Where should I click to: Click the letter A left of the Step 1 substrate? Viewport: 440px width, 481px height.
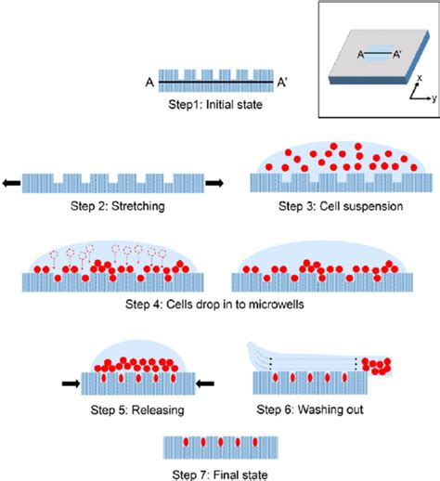point(149,82)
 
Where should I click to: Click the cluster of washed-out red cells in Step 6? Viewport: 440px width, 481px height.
point(376,369)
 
